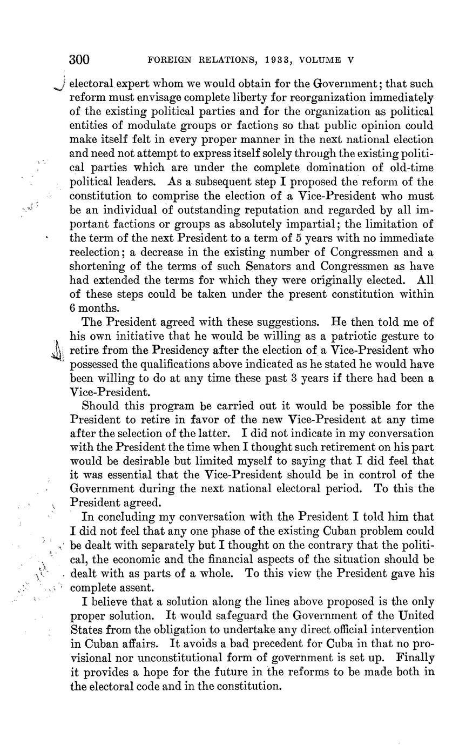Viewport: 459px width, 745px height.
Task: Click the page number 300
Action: (x=79, y=60)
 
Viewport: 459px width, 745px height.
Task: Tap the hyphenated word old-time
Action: (x=413, y=167)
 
